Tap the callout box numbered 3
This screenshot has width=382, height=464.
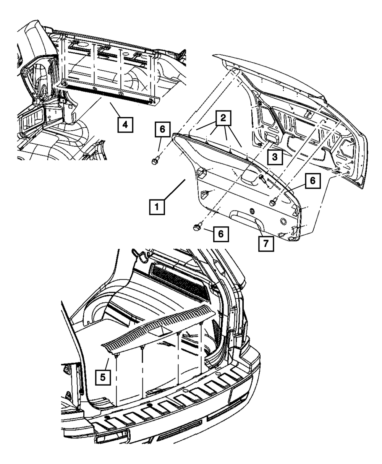coord(275,157)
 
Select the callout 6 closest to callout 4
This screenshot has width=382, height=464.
coord(162,131)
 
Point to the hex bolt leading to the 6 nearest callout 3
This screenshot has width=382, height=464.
coord(273,202)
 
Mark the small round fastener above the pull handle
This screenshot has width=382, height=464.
coord(252,211)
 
